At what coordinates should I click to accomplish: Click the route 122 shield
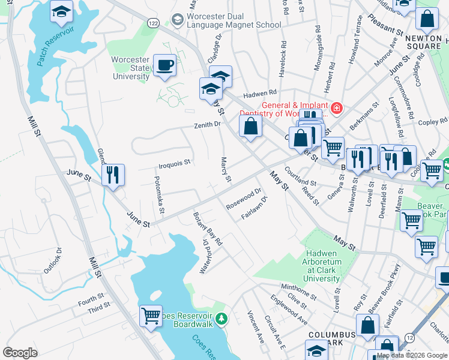tap(154, 23)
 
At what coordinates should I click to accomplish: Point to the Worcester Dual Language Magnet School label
tap(234, 20)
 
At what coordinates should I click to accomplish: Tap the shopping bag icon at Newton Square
tap(427, 20)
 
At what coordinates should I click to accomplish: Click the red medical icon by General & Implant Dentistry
tap(336, 108)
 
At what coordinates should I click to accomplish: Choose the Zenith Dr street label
tap(207, 125)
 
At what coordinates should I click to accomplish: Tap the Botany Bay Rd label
tap(208, 229)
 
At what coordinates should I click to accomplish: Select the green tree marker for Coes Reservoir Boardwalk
tap(221, 318)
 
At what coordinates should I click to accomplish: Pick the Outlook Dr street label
tap(54, 258)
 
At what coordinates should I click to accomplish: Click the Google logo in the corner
tap(20, 352)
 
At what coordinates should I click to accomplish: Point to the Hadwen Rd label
tap(259, 94)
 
